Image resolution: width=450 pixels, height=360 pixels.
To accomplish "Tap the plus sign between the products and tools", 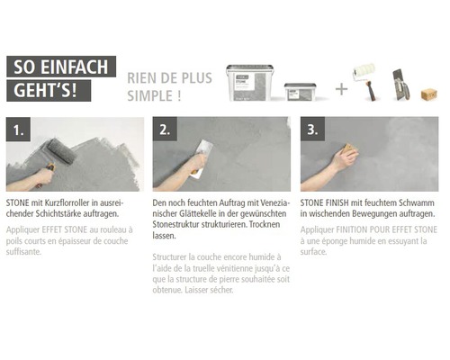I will pos(341,88).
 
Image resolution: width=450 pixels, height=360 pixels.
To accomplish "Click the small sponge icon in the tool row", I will pos(429,94).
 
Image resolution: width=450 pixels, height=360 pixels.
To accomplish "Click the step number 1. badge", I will pos(21,130).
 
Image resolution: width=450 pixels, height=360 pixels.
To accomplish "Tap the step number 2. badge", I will pos(167,130).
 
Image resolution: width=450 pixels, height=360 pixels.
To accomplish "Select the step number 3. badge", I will pos(315,130).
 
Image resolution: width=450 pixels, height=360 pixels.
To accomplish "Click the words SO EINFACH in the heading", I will pos(59,67).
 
